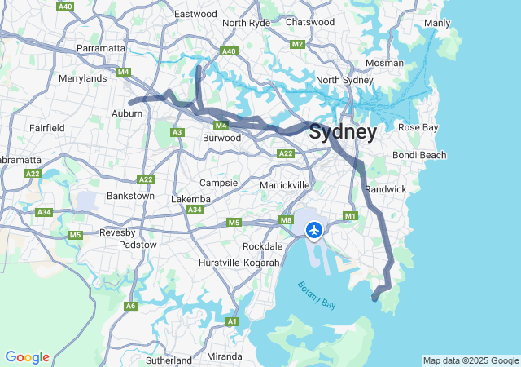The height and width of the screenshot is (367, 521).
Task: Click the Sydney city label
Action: [x=343, y=132]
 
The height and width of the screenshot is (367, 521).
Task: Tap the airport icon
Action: [x=313, y=229]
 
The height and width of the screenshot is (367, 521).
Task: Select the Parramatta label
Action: [x=101, y=48]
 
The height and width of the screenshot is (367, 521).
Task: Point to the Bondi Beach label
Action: [x=419, y=155]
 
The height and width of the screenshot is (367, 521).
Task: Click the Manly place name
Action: [x=437, y=23]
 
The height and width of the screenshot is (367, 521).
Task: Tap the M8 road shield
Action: [x=286, y=219]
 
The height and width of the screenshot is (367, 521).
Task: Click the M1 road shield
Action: [x=351, y=215]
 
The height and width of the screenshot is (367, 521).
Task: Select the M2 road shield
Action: [x=297, y=44]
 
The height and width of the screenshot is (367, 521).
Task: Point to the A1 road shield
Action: [x=232, y=322]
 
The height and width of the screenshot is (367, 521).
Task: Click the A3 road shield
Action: [x=177, y=132]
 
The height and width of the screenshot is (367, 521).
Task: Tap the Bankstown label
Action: [x=130, y=196]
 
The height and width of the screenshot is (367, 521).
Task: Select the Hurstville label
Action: [x=219, y=263]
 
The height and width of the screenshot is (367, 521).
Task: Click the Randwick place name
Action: [x=386, y=189]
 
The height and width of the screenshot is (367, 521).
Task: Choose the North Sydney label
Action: [x=344, y=80]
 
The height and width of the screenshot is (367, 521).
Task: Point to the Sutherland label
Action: [x=168, y=359]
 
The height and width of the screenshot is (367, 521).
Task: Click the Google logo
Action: [x=27, y=357]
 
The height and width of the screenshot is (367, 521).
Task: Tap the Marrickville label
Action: [x=284, y=185]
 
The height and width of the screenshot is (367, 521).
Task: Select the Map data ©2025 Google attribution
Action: [x=471, y=360]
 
